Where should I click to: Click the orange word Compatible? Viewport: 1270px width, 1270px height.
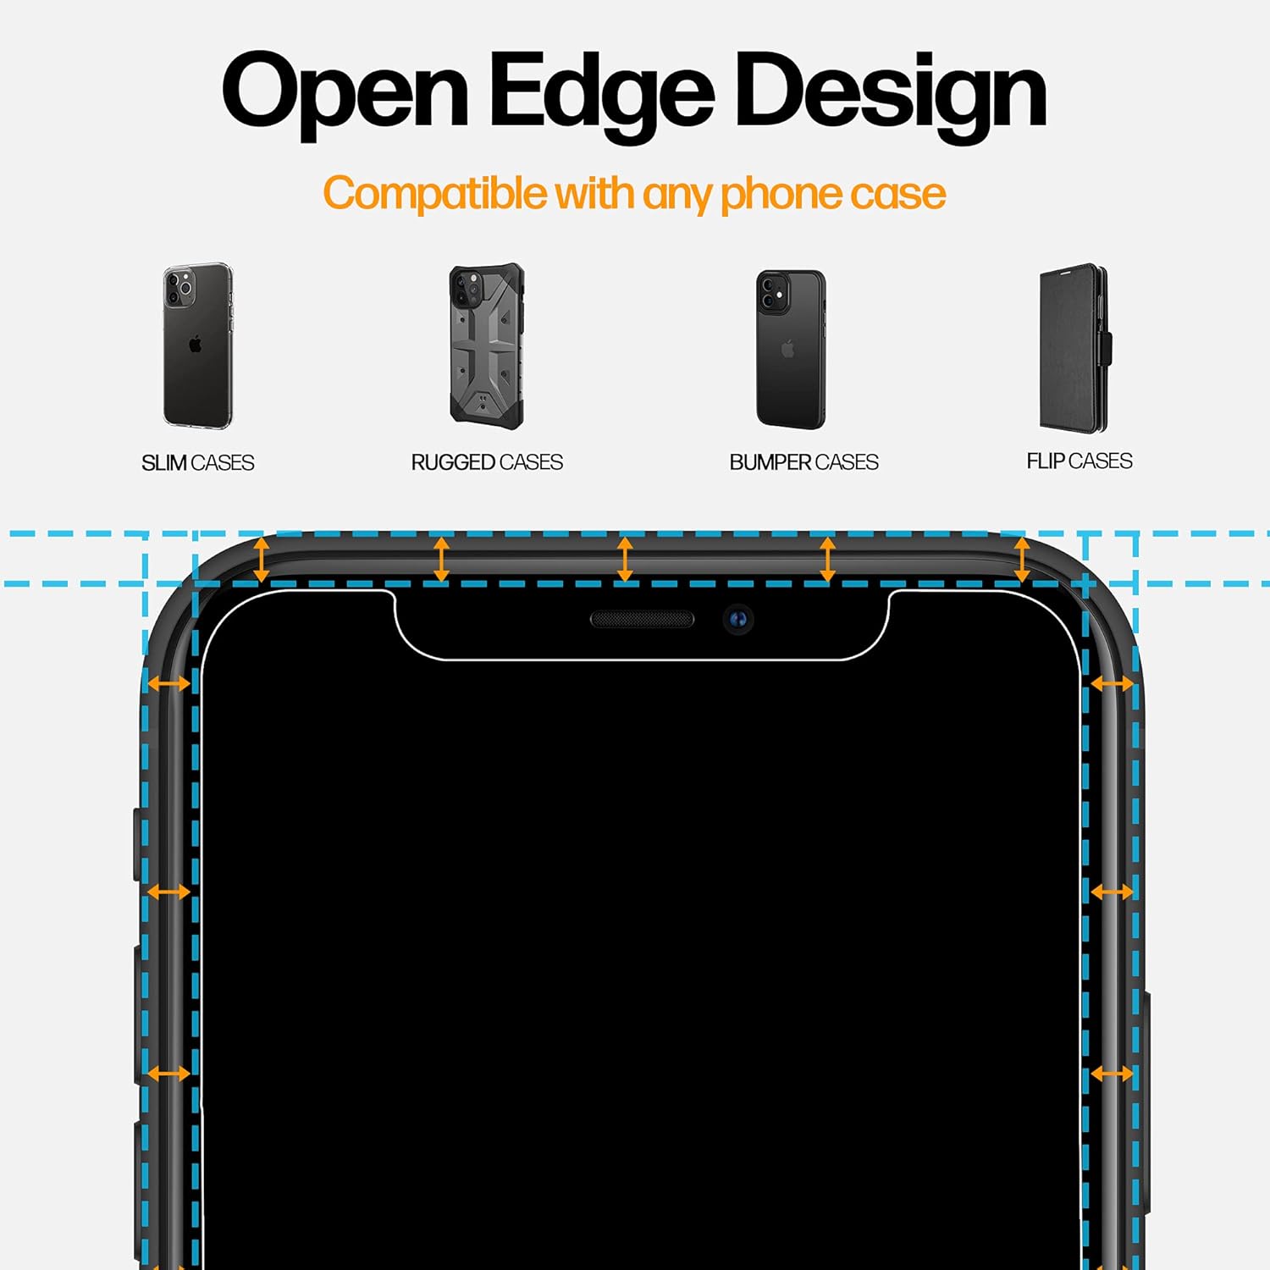(436, 194)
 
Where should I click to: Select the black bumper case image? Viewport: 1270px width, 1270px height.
(790, 349)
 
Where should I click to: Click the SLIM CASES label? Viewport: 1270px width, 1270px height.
(197, 462)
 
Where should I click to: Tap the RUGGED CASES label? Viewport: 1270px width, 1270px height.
(487, 462)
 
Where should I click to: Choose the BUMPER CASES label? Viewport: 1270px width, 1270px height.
(803, 462)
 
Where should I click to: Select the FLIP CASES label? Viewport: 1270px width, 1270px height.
(1079, 461)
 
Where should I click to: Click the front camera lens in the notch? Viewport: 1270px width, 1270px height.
(738, 620)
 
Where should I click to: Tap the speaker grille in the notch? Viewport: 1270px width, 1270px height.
(642, 620)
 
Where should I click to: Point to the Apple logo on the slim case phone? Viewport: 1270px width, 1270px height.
(196, 344)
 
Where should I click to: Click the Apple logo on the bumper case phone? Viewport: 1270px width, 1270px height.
(788, 348)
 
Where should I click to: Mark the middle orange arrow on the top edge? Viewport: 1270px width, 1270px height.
(625, 559)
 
